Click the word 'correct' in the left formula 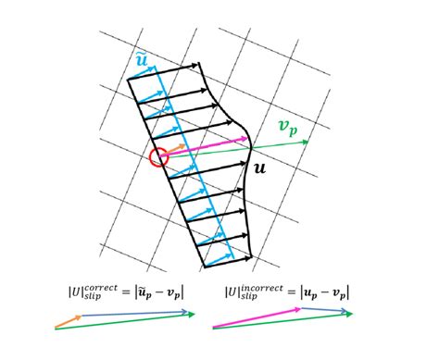(97, 288)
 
